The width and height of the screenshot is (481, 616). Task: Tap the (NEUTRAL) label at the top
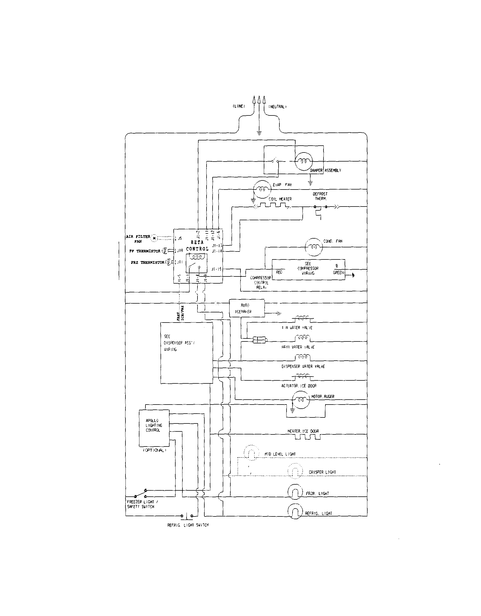tap(277, 107)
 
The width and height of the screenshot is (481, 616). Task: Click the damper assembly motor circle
tap(304, 161)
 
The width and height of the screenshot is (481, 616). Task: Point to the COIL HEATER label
tap(280, 199)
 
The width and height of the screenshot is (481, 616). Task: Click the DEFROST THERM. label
tap(320, 196)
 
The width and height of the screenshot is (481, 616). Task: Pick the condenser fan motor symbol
tap(313, 247)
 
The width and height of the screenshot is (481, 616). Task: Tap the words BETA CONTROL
tap(197, 246)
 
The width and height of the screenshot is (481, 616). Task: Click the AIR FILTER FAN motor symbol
tap(154, 239)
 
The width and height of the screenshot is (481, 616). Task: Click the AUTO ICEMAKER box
tap(247, 308)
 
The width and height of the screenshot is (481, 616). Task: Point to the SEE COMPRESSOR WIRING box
tap(308, 270)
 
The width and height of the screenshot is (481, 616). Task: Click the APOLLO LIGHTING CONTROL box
tap(154, 428)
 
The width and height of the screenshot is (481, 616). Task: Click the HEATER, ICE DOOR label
tap(303, 431)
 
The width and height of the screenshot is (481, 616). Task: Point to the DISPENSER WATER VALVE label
tap(303, 366)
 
